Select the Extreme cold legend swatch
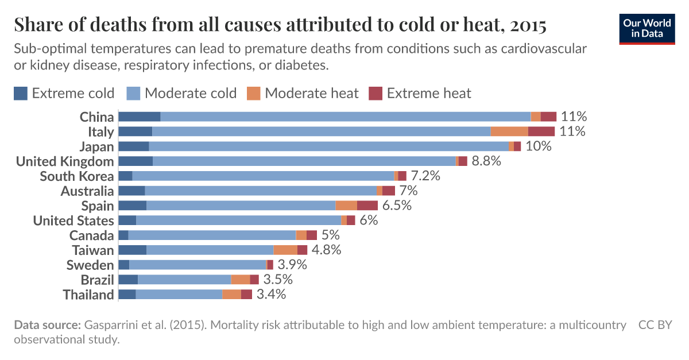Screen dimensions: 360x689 coord(21,93)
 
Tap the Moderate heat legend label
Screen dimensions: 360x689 coord(311,93)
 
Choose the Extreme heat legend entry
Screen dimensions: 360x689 coord(428,93)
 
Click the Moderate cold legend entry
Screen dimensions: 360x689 coord(190,93)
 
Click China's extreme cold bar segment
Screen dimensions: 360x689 coord(139,117)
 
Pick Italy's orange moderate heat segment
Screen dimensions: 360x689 coord(509,131)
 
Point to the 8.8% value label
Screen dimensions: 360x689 coord(486,161)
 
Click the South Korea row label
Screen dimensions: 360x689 coord(76,176)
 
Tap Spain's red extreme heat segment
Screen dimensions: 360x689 coord(367,206)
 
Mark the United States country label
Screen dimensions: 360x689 coord(73,220)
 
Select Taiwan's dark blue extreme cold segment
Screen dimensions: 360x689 coord(133,250)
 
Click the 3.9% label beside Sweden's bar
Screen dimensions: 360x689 coord(292,265)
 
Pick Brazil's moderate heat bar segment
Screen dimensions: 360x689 coord(241,280)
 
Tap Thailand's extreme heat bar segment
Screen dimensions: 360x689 coord(246,295)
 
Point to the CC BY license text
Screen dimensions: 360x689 coord(655,325)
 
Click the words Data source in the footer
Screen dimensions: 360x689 coord(47,325)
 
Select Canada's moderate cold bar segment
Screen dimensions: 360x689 coord(212,235)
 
